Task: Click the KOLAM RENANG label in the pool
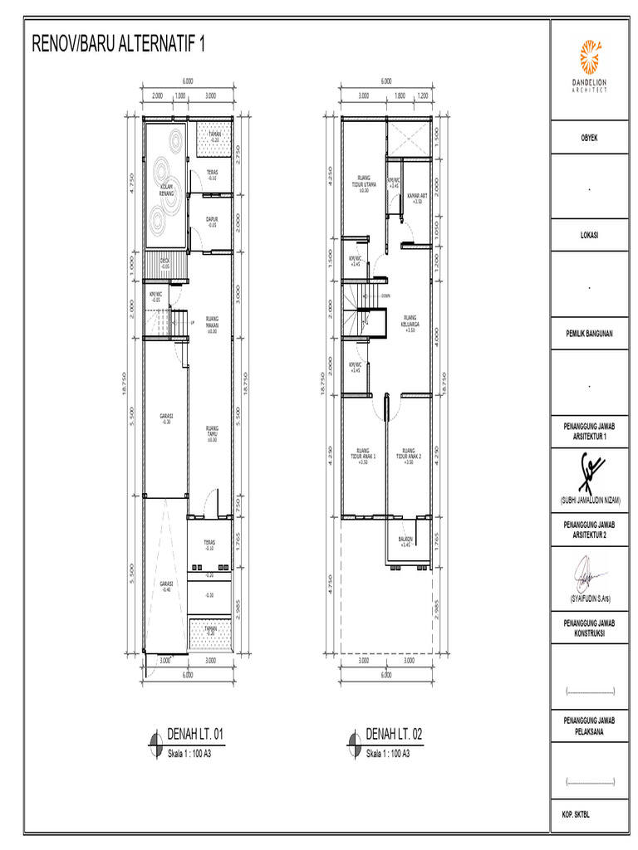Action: point(166,190)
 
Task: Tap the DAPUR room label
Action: point(212,221)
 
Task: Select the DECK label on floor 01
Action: point(165,263)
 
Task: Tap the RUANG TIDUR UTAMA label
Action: point(363,183)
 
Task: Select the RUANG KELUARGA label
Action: point(410,323)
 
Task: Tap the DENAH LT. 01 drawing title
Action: point(196,735)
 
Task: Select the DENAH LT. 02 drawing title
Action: point(395,735)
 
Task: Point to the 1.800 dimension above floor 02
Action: point(400,95)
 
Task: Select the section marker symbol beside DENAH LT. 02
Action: point(354,740)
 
